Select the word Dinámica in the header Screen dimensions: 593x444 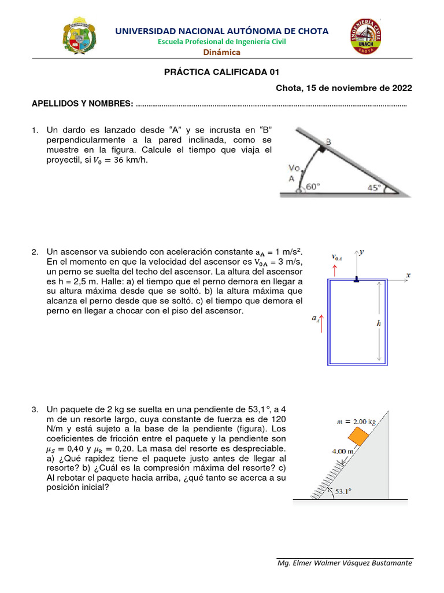[221, 52]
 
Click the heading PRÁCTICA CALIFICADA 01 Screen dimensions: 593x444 [222, 72]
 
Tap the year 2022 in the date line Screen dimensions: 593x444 [402, 88]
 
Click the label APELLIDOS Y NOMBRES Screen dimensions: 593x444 [82, 104]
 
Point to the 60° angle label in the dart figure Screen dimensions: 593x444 [312, 186]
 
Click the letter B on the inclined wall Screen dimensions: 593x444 [328, 141]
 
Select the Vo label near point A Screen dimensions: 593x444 [294, 169]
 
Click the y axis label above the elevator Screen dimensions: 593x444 [361, 252]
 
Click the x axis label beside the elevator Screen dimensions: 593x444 [408, 275]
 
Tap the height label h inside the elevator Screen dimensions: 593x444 [379, 324]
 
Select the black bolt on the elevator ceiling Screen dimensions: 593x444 [356, 279]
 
